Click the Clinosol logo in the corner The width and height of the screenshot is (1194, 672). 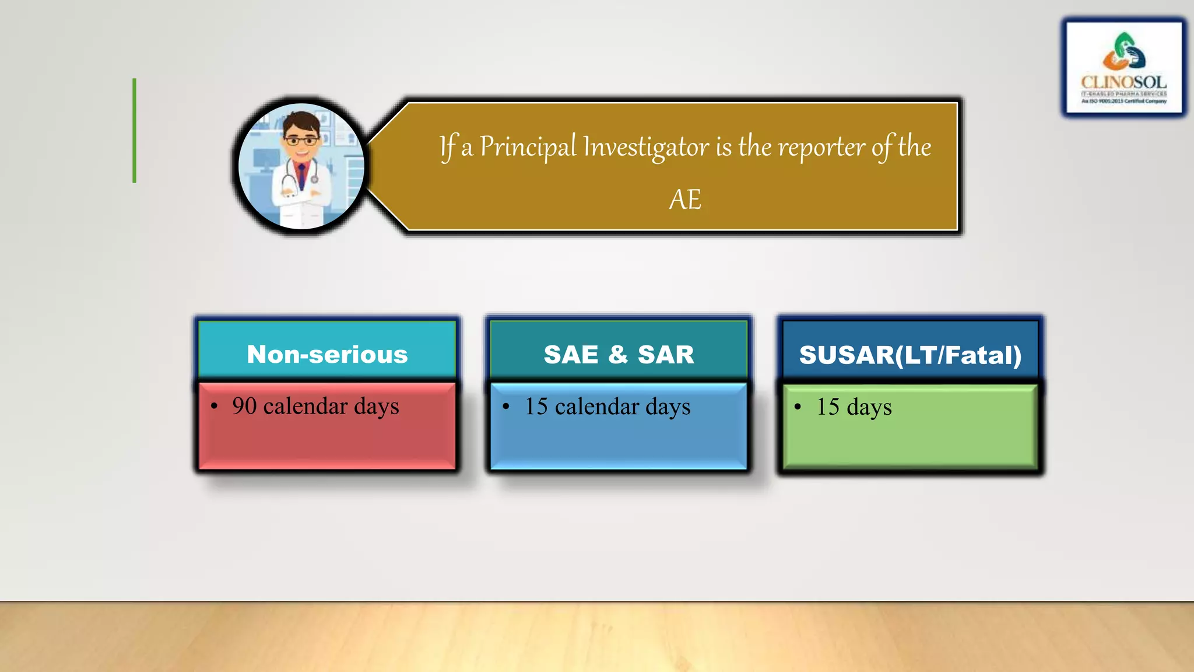click(x=1123, y=67)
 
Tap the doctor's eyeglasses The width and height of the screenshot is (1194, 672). click(x=301, y=141)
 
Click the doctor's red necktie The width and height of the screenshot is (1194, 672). click(x=302, y=176)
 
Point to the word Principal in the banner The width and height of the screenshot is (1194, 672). click(x=528, y=147)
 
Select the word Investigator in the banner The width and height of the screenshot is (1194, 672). click(x=646, y=147)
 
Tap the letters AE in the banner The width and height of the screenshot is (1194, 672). click(x=685, y=200)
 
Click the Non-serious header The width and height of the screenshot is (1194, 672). click(x=327, y=354)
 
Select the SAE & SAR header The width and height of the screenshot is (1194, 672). click(x=619, y=354)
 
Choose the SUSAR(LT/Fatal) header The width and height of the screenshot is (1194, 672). click(x=910, y=355)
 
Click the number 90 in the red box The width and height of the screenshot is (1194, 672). click(x=244, y=406)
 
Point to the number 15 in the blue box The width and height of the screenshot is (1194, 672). click(x=536, y=407)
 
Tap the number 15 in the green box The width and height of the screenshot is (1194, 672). click(x=828, y=407)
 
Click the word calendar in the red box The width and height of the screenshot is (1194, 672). click(x=305, y=406)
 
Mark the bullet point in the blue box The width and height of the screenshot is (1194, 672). click(x=506, y=407)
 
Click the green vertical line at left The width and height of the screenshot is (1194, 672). click(x=135, y=131)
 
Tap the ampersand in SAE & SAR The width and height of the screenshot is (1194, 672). click(x=618, y=354)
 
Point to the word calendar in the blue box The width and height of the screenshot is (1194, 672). click(x=597, y=407)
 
